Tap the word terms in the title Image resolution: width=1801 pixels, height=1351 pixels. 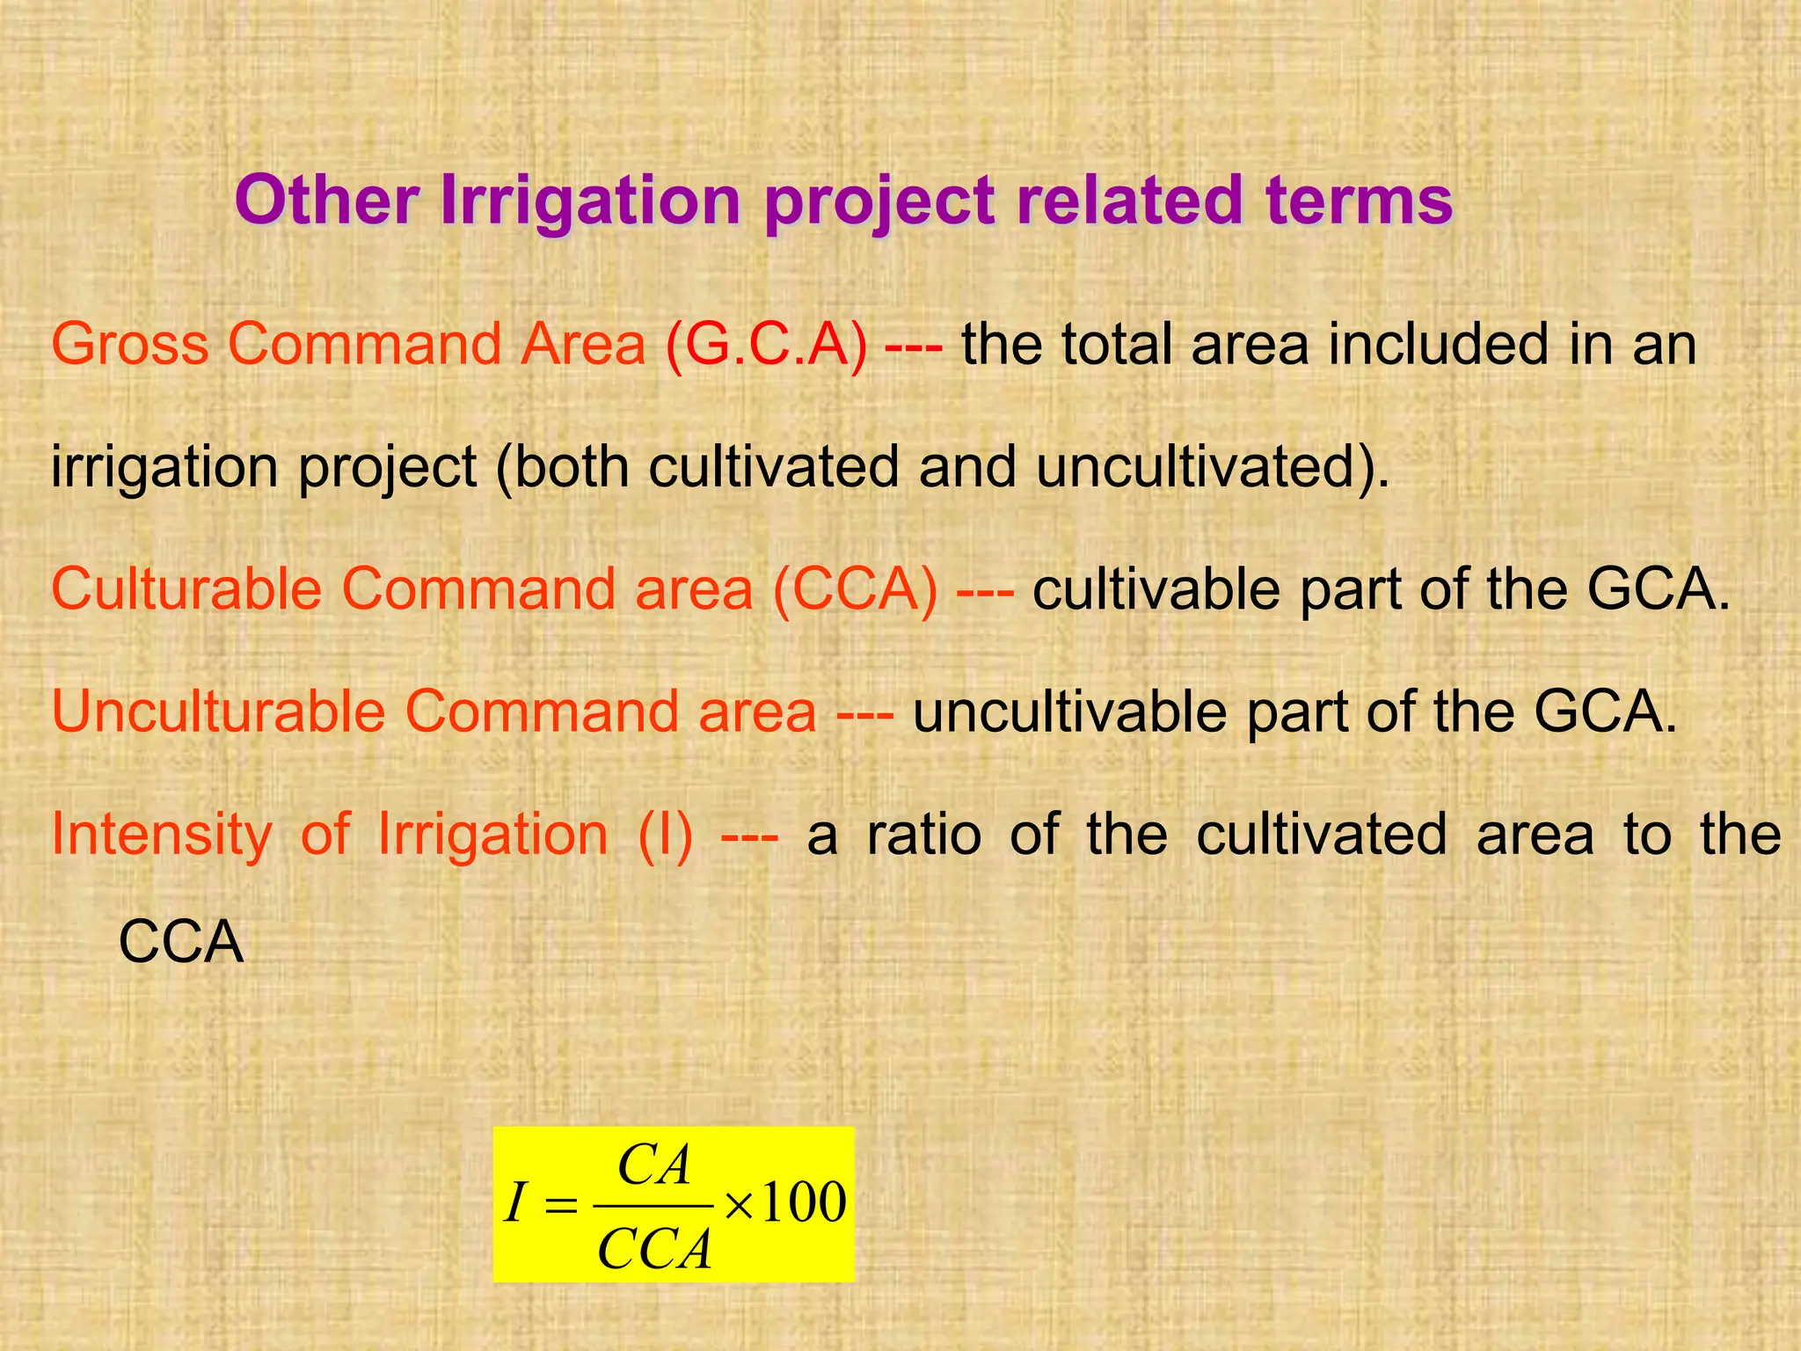(1360, 201)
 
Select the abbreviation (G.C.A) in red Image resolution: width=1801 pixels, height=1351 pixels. (766, 344)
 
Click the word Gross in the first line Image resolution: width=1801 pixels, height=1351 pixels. (130, 344)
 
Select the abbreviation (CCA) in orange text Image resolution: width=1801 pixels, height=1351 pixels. (855, 588)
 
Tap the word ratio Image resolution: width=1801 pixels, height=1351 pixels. (923, 834)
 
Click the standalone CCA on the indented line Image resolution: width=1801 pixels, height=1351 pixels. (180, 942)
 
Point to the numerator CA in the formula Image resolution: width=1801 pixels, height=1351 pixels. (654, 1166)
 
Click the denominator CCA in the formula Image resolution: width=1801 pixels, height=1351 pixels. (654, 1248)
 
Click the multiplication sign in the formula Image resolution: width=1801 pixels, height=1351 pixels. (738, 1205)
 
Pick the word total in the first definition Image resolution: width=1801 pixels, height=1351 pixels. (1116, 344)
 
